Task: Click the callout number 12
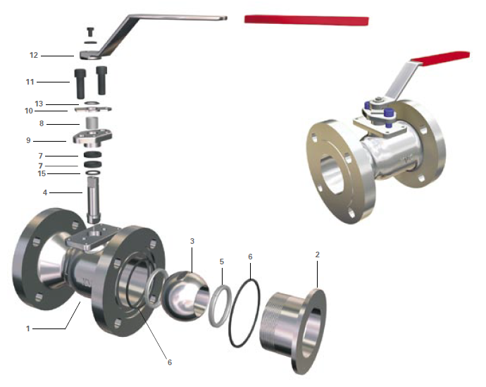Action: [x=34, y=55]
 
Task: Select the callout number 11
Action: [x=30, y=82]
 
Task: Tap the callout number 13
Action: [x=39, y=104]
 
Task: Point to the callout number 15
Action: [x=42, y=173]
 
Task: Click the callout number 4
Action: [x=45, y=192]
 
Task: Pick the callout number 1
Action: [x=28, y=328]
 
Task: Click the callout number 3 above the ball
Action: [x=192, y=241]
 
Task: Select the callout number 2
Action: [x=318, y=254]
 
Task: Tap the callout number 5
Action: [x=222, y=262]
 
